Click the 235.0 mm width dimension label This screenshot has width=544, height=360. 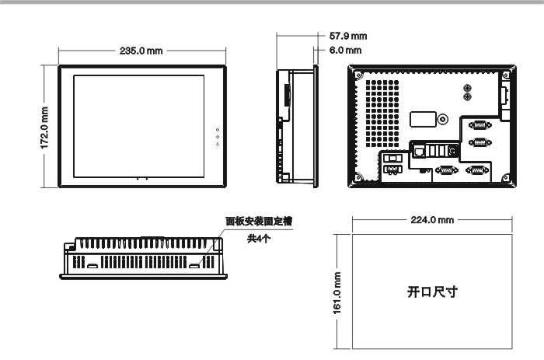coord(141,51)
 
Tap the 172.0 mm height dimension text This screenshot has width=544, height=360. coord(45,128)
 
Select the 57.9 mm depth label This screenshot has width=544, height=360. coord(348,36)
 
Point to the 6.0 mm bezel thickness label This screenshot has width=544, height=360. coord(345,51)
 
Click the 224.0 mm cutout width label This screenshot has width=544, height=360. coord(432,220)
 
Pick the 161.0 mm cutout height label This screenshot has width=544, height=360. coord(337,293)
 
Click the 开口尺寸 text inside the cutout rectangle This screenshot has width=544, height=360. coord(432,292)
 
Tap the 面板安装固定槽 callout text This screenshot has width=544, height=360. coord(259,221)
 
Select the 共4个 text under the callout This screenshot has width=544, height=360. coord(259,239)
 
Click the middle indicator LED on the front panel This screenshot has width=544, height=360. coord(218,137)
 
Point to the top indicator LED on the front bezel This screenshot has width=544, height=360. coord(218,130)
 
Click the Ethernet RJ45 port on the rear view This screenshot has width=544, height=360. coord(420,152)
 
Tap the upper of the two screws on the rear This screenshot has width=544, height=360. coord(467,88)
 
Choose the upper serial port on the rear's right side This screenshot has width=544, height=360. coord(479,125)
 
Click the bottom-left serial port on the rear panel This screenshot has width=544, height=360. coord(446,170)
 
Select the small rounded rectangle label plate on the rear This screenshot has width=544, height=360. coord(423,119)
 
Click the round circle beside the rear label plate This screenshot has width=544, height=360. coord(442,120)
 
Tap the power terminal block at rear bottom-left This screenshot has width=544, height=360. coord(392,170)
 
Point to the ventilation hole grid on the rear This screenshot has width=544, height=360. coord(382,114)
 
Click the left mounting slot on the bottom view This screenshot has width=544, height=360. coord(92,266)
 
